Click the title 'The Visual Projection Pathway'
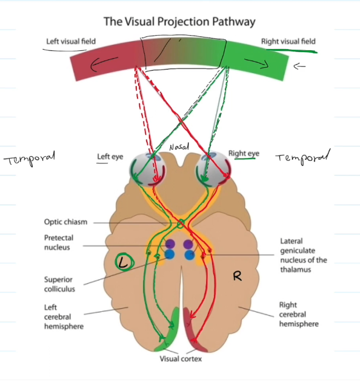pos(179,22)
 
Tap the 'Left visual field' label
pos(71,42)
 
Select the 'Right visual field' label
pos(288,42)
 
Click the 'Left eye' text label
pos(110,157)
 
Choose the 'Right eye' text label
pos(244,154)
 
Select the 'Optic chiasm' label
pos(65,222)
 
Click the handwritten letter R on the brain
pos(238,276)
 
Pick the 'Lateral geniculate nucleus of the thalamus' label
pos(304,255)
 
